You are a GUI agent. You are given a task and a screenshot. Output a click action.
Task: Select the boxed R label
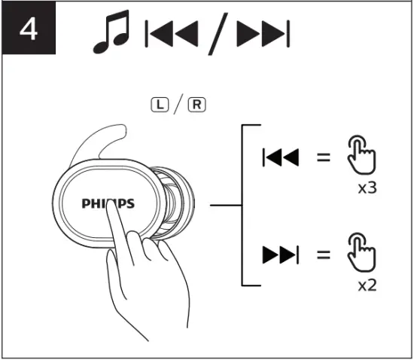click(196, 103)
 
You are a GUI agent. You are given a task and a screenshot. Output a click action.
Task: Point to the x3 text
click(367, 187)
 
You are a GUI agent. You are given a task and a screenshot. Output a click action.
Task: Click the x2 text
click(367, 285)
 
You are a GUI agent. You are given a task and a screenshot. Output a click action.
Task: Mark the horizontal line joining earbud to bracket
click(225, 204)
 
